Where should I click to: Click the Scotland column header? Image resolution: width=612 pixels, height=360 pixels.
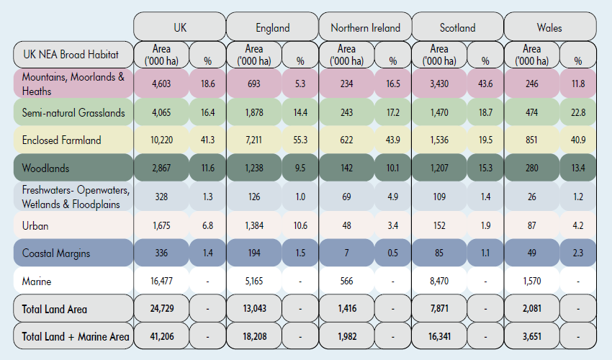coord(457,27)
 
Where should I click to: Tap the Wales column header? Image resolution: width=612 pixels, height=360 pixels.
coord(549,27)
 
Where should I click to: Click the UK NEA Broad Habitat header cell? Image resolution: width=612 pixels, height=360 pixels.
coord(72,55)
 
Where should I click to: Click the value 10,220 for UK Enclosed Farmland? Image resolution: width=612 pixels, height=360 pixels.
coord(161,140)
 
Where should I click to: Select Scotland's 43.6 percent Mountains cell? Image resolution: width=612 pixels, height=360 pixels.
coord(485,84)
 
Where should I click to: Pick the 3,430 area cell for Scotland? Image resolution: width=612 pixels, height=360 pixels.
coord(438,84)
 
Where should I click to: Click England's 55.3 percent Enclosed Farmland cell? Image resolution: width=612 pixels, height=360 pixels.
coord(300,140)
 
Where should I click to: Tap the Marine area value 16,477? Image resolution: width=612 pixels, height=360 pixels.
coord(161,281)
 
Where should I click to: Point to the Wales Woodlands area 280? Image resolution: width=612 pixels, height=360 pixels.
coord(531,168)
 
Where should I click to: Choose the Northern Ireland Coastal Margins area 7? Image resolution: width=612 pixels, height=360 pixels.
coord(346,253)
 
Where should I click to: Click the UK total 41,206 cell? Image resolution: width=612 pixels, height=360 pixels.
coord(161,336)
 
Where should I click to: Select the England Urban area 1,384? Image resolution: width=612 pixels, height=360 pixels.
coord(253,225)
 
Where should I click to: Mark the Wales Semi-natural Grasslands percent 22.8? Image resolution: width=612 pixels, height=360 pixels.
coord(578,112)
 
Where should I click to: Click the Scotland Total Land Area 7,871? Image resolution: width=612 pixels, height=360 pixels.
coord(438,309)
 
